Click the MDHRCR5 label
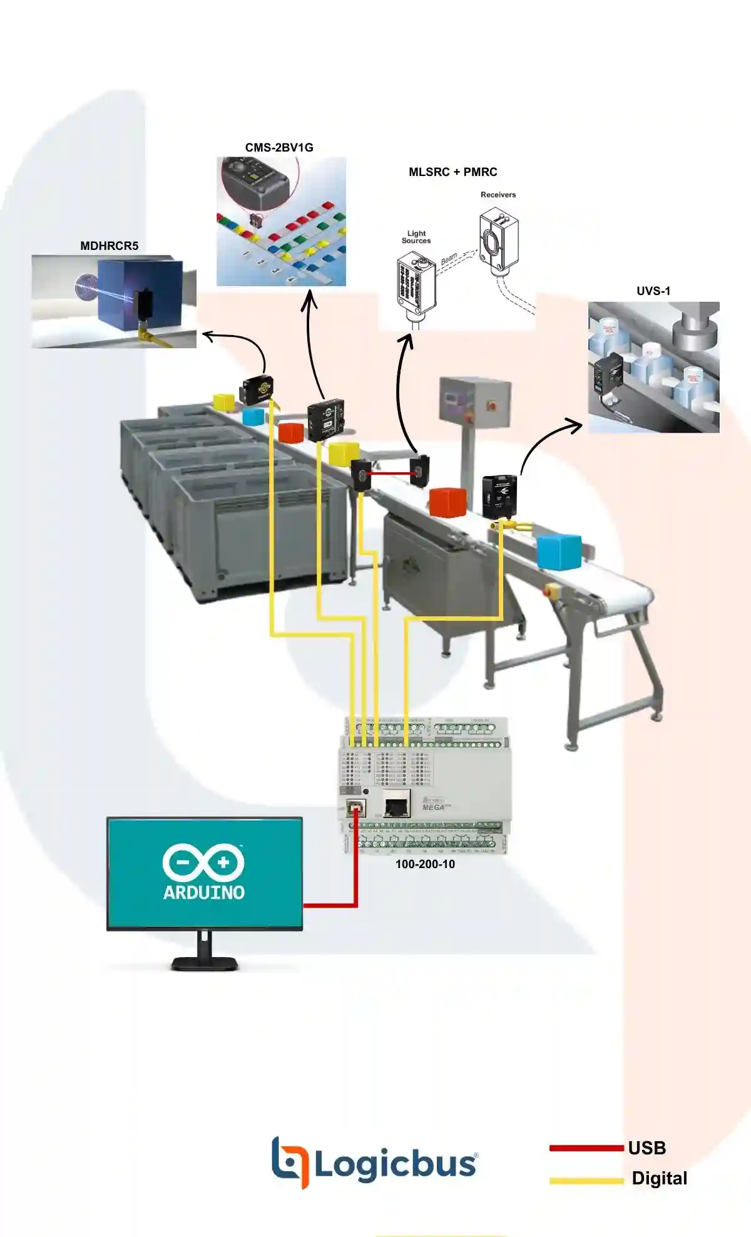click(x=109, y=246)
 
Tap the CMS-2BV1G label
click(x=279, y=148)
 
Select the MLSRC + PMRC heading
click(x=452, y=172)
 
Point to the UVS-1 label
click(x=653, y=291)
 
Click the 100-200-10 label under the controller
click(x=425, y=864)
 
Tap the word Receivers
click(x=498, y=195)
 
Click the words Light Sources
click(x=416, y=237)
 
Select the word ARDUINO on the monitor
click(x=204, y=892)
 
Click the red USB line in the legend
click(x=587, y=1148)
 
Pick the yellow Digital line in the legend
click(x=587, y=1181)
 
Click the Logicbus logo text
click(x=394, y=1164)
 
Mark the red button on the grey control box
click(x=491, y=405)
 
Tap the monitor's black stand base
click(x=205, y=963)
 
